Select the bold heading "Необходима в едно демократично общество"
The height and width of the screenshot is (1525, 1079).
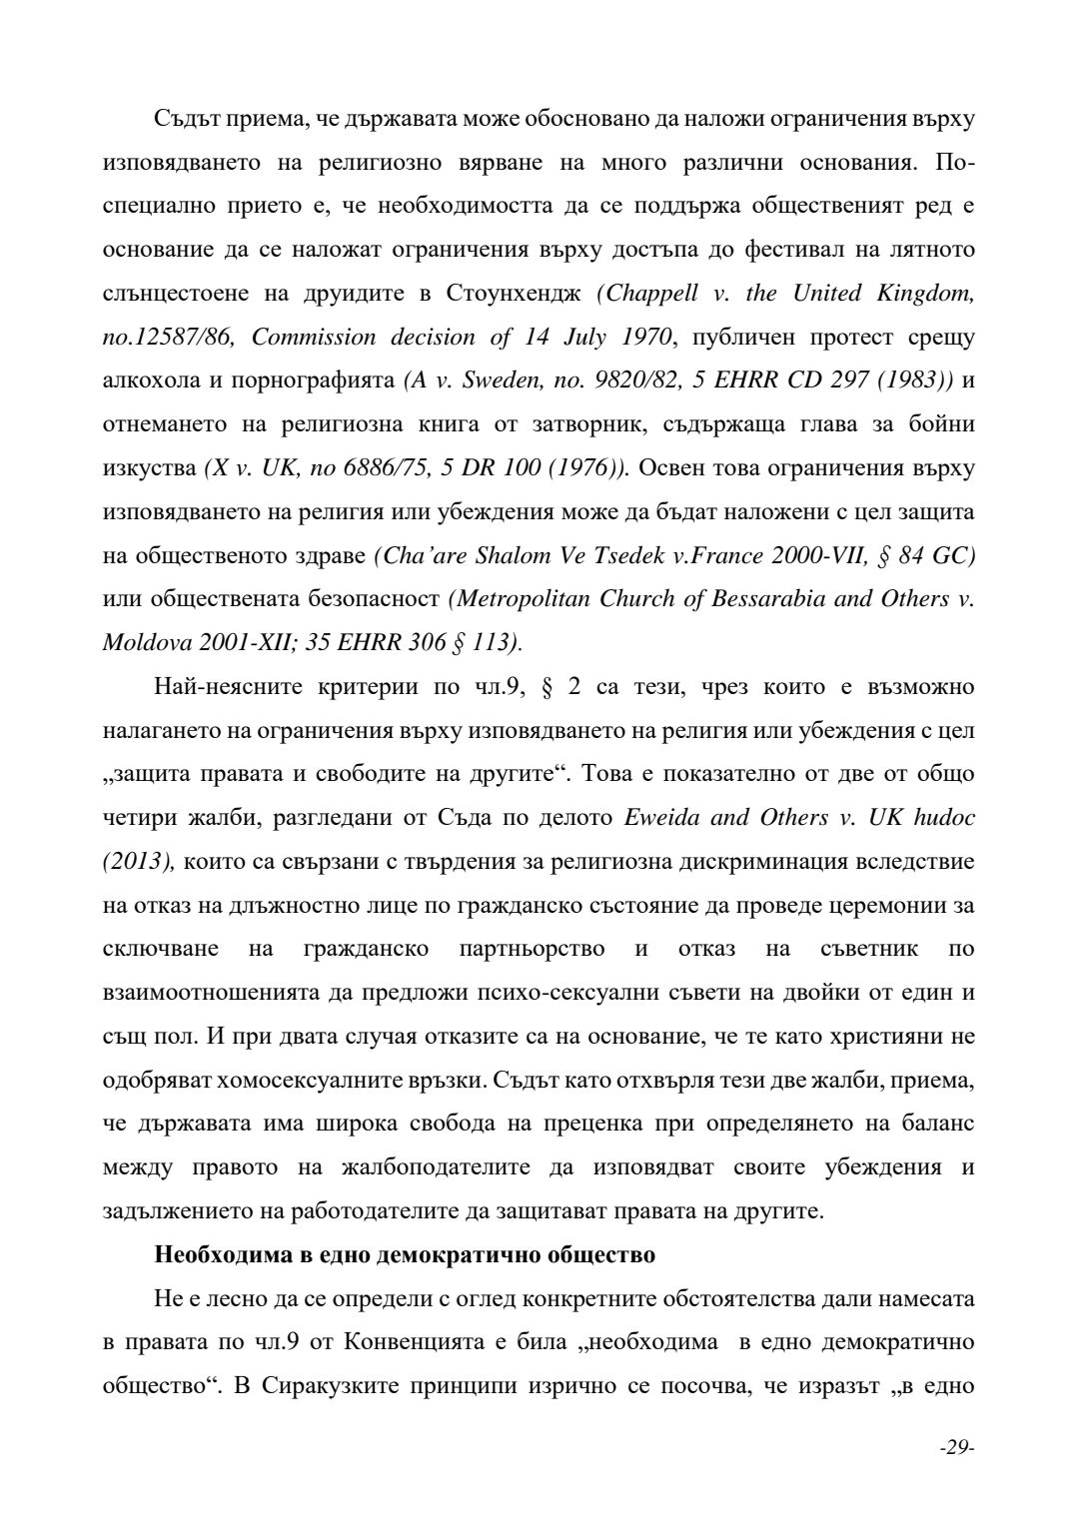[x=405, y=1254]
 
